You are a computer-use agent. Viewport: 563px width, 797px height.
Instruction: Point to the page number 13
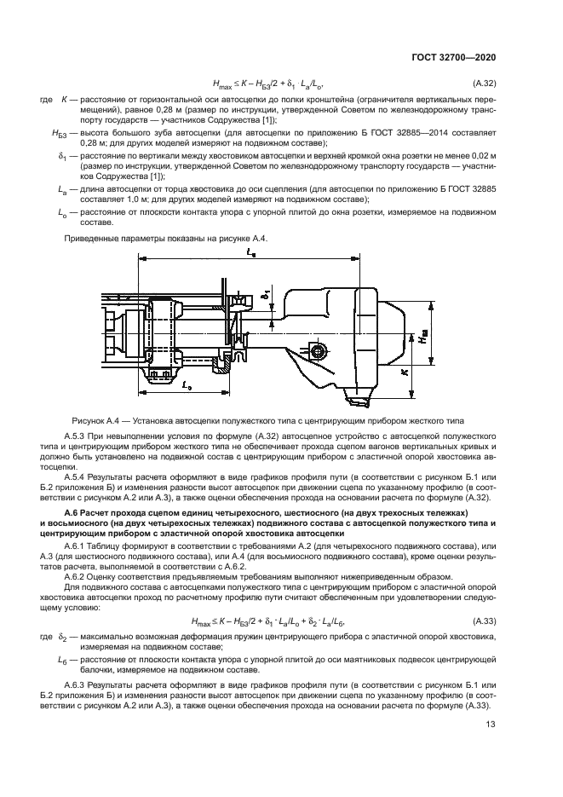pyautogui.click(x=491, y=725)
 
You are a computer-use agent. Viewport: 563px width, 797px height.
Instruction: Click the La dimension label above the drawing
pyautogui.click(x=247, y=253)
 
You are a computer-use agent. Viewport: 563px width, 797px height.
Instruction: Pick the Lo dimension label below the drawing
pyautogui.click(x=186, y=385)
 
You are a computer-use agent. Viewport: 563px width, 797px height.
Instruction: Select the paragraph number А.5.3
pyautogui.click(x=77, y=436)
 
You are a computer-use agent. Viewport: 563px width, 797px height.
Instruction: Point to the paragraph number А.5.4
pyautogui.click(x=77, y=473)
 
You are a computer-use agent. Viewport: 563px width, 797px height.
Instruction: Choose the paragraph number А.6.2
pyautogui.click(x=77, y=577)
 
